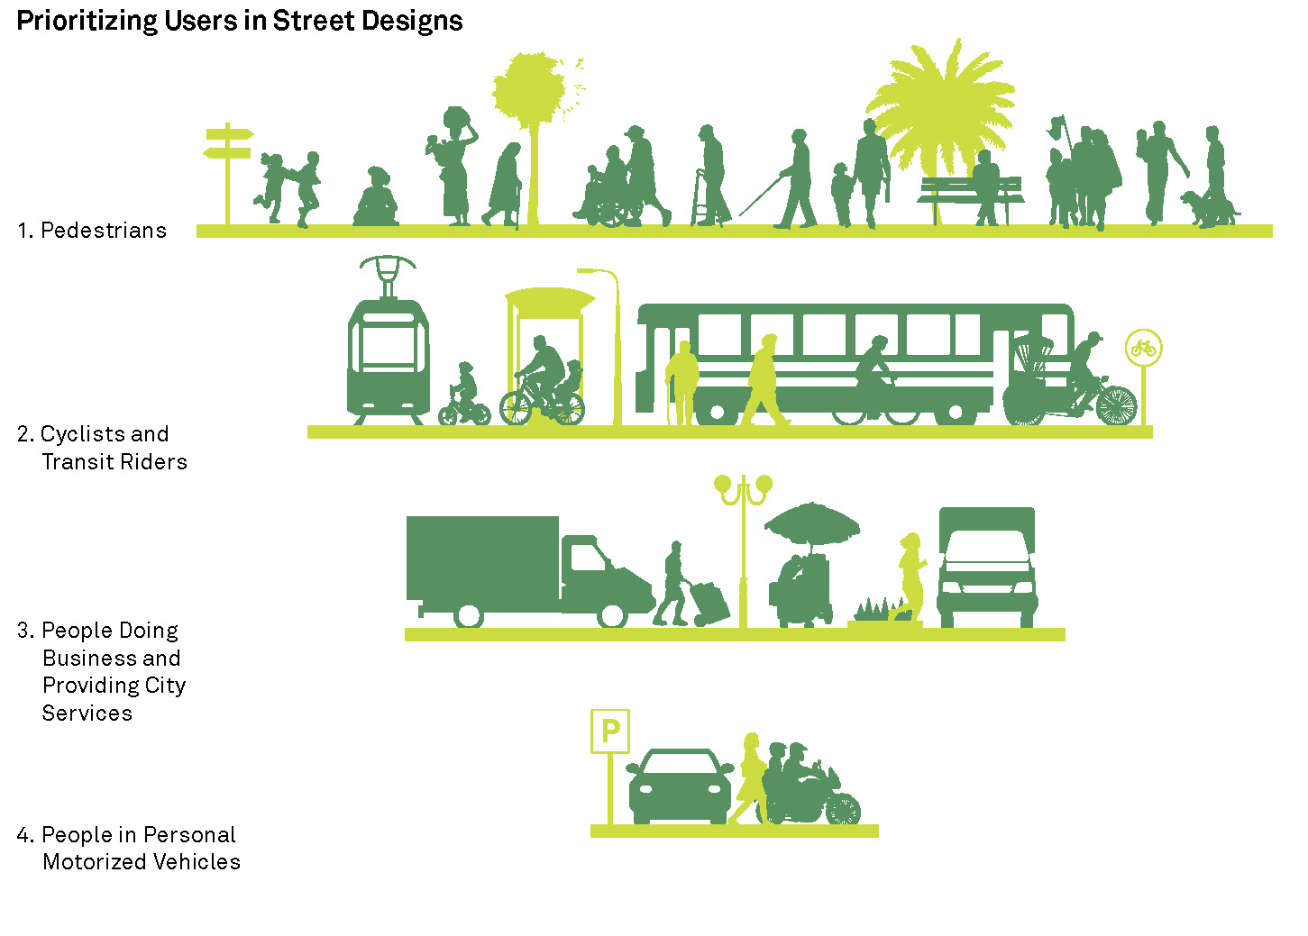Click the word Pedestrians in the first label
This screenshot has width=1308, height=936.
(x=104, y=231)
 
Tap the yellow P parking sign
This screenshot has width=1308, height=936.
(x=610, y=731)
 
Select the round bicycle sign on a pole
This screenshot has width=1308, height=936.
(x=1143, y=348)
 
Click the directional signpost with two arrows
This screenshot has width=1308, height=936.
(x=227, y=143)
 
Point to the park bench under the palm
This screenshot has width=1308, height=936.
(x=971, y=191)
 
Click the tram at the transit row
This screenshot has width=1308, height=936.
(x=389, y=356)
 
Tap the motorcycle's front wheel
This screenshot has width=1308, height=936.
(x=844, y=809)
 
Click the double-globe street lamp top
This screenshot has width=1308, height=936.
(x=744, y=486)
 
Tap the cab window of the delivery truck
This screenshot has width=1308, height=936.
(x=588, y=559)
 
